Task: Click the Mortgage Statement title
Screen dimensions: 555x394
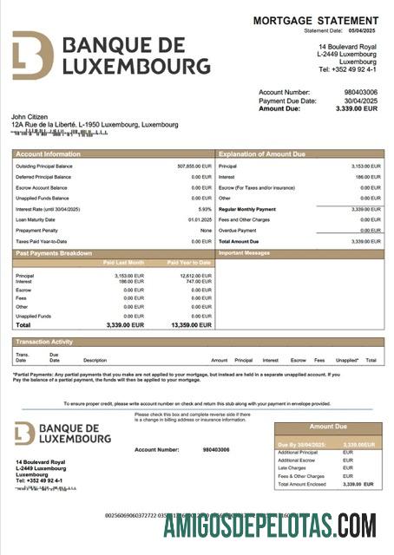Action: (x=316, y=20)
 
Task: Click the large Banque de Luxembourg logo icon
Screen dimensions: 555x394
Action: (x=33, y=55)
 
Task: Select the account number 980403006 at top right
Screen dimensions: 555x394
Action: (x=361, y=91)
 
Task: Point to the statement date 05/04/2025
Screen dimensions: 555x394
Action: (x=364, y=30)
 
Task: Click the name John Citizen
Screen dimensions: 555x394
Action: (x=30, y=116)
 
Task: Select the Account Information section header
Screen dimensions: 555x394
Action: (x=44, y=153)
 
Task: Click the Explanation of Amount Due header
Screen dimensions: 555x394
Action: (x=262, y=153)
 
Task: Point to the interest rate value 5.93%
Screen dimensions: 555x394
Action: (x=205, y=209)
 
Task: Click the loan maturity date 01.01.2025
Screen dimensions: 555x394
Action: (x=200, y=219)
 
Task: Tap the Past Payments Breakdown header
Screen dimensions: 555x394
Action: (x=53, y=253)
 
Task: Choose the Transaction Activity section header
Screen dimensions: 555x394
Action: (x=44, y=343)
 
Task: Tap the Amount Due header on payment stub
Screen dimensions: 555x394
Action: (x=328, y=427)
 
